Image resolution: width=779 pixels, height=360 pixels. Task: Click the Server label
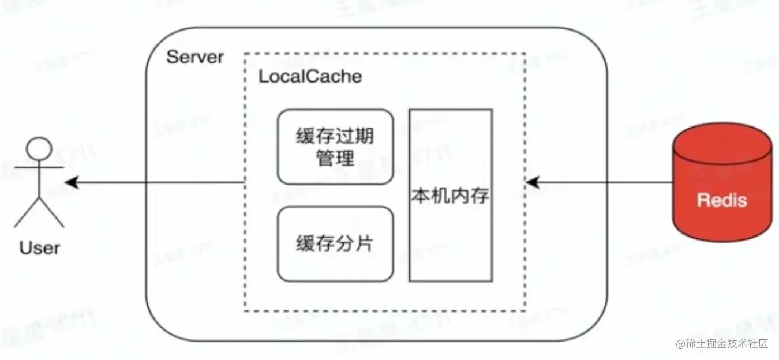pos(194,57)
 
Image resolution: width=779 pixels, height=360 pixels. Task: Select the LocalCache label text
pos(310,77)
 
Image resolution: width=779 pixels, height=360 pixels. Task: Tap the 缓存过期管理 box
pos(335,147)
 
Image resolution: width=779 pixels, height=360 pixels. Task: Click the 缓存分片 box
pos(335,243)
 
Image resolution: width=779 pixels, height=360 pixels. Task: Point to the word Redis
pos(722,200)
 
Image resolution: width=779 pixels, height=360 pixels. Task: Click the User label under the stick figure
pos(40,249)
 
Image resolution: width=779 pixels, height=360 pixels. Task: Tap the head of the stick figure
pos(39,149)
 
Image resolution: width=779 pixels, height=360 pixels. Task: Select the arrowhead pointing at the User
pos(71,182)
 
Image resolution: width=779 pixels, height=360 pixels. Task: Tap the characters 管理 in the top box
pos(335,158)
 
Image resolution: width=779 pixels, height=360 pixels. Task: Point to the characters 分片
pos(354,243)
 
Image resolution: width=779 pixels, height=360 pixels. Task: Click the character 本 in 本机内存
pos(421,196)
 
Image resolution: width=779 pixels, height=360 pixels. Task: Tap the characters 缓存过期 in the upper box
pos(335,136)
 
